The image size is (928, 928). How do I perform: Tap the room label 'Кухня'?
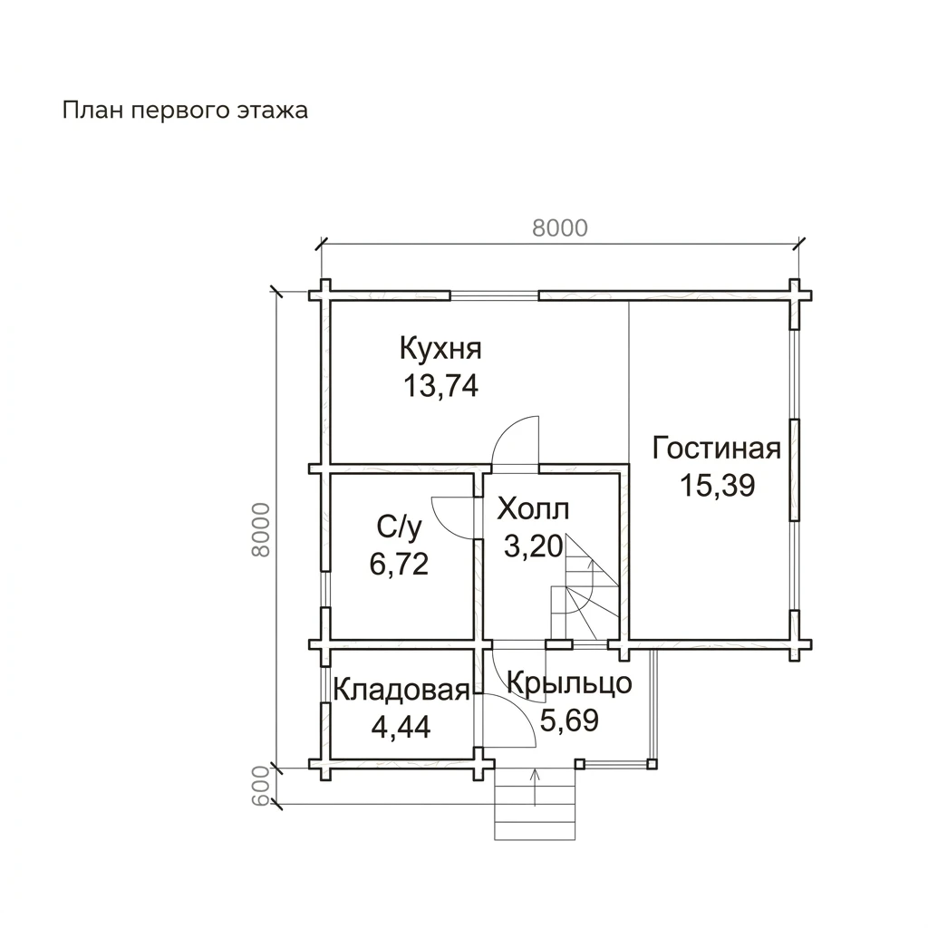(440, 349)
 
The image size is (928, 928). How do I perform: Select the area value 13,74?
(440, 386)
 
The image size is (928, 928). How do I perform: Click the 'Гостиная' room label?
(716, 449)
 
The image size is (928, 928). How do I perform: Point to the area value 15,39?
(717, 486)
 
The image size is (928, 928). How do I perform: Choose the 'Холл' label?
(533, 509)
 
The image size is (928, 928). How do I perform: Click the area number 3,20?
(533, 546)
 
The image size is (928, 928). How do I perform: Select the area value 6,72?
(399, 564)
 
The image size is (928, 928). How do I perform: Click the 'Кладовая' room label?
(401, 691)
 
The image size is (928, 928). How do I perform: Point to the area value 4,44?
(401, 728)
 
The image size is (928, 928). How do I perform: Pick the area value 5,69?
(569, 720)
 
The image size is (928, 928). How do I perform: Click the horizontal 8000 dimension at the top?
(560, 227)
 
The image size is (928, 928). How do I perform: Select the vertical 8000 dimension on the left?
(261, 529)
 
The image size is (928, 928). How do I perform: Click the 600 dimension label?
(261, 786)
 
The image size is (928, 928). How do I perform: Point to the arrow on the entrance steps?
(536, 788)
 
